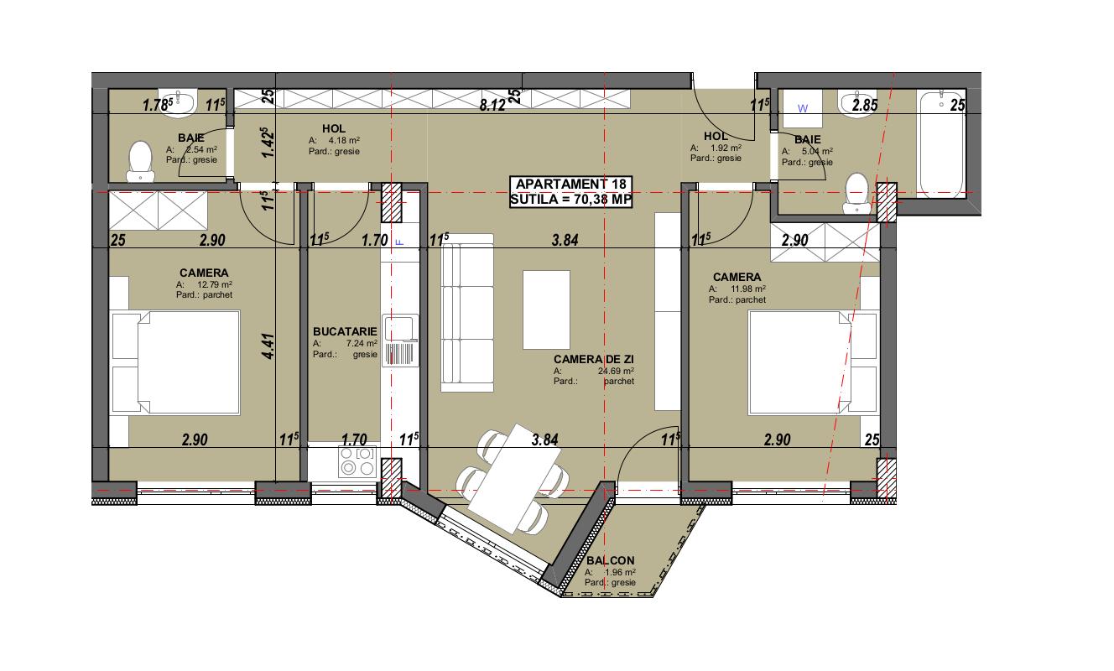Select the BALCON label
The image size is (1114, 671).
(611, 561)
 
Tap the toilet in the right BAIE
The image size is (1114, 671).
(856, 190)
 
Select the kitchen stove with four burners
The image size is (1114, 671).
(357, 461)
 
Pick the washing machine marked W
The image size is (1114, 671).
(802, 108)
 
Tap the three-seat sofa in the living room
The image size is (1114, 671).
(467, 314)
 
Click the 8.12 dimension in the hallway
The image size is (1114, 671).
(491, 106)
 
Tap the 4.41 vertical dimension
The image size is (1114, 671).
(268, 347)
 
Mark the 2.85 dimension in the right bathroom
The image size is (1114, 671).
(864, 106)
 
